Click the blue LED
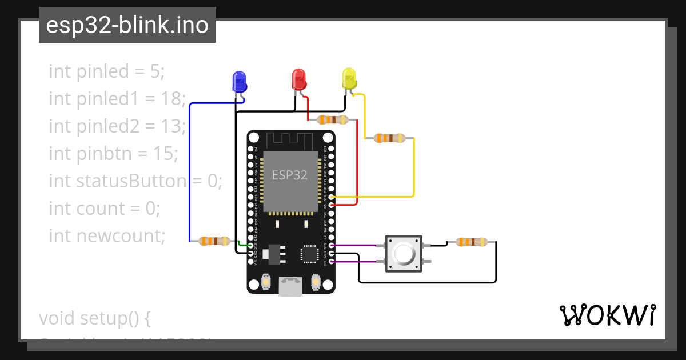(x=239, y=82)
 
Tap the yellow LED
(x=349, y=79)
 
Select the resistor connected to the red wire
(x=332, y=119)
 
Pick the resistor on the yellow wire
(x=389, y=138)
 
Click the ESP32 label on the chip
(x=289, y=175)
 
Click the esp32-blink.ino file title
(x=127, y=25)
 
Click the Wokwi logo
(x=607, y=315)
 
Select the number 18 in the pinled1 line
(x=171, y=99)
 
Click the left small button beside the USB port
(x=265, y=282)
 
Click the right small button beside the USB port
(x=316, y=282)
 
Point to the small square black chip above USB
(x=309, y=254)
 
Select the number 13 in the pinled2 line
(x=171, y=126)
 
